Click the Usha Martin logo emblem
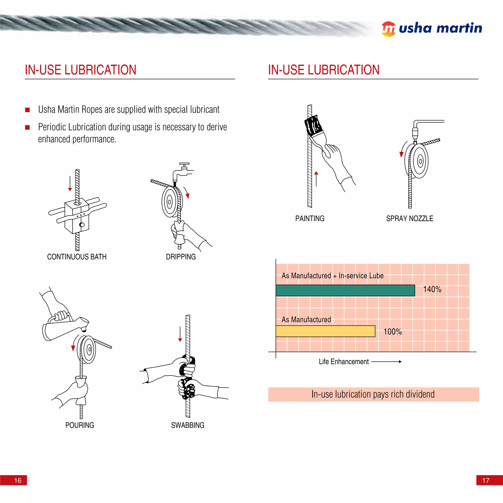click(x=389, y=29)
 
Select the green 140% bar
click(x=345, y=290)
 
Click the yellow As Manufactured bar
click(x=325, y=331)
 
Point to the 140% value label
click(x=432, y=289)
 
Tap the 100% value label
click(x=393, y=332)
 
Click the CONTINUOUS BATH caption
click(x=77, y=257)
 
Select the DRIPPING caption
click(x=181, y=257)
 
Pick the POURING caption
click(x=80, y=425)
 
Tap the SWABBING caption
click(x=187, y=425)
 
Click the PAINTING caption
click(x=309, y=218)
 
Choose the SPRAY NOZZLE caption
click(x=409, y=218)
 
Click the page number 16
click(x=18, y=480)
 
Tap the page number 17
click(x=486, y=480)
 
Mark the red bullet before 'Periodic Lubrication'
click(x=27, y=127)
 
